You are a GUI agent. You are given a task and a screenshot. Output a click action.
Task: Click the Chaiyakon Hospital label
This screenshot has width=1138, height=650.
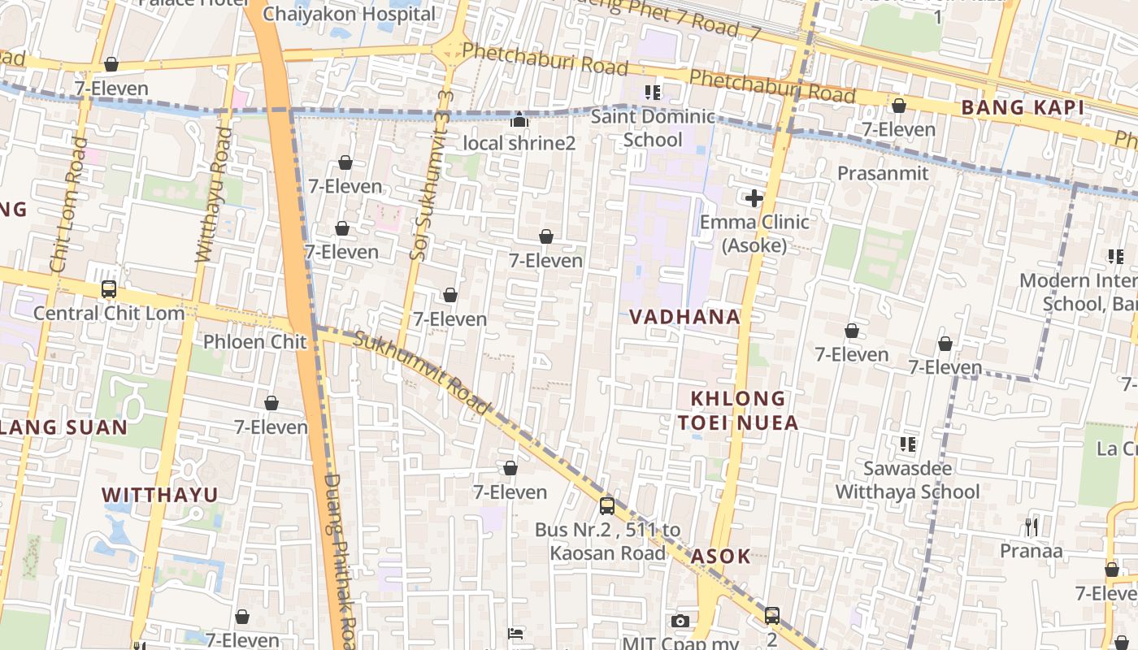pos(350,14)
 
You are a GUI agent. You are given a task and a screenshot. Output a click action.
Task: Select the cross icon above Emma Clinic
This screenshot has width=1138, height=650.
pos(754,197)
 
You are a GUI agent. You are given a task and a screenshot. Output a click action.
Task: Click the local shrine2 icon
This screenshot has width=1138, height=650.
pos(519,121)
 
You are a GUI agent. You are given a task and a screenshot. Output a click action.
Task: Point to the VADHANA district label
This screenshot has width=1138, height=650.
pos(685,317)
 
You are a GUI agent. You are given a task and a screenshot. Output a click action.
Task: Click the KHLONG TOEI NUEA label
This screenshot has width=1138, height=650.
pos(737,410)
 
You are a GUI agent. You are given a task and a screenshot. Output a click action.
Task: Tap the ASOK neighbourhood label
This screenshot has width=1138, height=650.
pos(720,557)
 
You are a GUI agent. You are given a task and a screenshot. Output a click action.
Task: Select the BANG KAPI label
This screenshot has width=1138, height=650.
pos(1023,107)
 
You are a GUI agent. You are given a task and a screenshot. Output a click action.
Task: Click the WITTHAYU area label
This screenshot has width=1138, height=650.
pos(160,495)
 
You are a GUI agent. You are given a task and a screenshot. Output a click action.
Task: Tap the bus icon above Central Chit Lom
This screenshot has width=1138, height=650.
pos(108,289)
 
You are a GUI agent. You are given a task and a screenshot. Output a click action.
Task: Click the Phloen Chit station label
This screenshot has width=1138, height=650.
pos(255,341)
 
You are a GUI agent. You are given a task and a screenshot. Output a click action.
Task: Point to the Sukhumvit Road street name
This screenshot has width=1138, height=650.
pos(423,373)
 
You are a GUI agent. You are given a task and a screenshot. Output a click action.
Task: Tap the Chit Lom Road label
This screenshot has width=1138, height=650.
pos(68,204)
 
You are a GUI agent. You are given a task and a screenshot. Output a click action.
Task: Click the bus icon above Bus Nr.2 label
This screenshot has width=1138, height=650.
pos(606,506)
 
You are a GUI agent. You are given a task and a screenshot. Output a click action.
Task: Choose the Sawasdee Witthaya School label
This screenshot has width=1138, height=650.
pos(907,480)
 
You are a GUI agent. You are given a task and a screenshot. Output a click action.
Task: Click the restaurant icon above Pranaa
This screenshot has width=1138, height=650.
pos(1031,527)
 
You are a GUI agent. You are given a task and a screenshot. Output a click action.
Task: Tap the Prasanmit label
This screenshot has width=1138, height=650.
pos(883,173)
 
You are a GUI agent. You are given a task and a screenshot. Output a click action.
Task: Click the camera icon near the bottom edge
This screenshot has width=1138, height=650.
pos(680,621)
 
